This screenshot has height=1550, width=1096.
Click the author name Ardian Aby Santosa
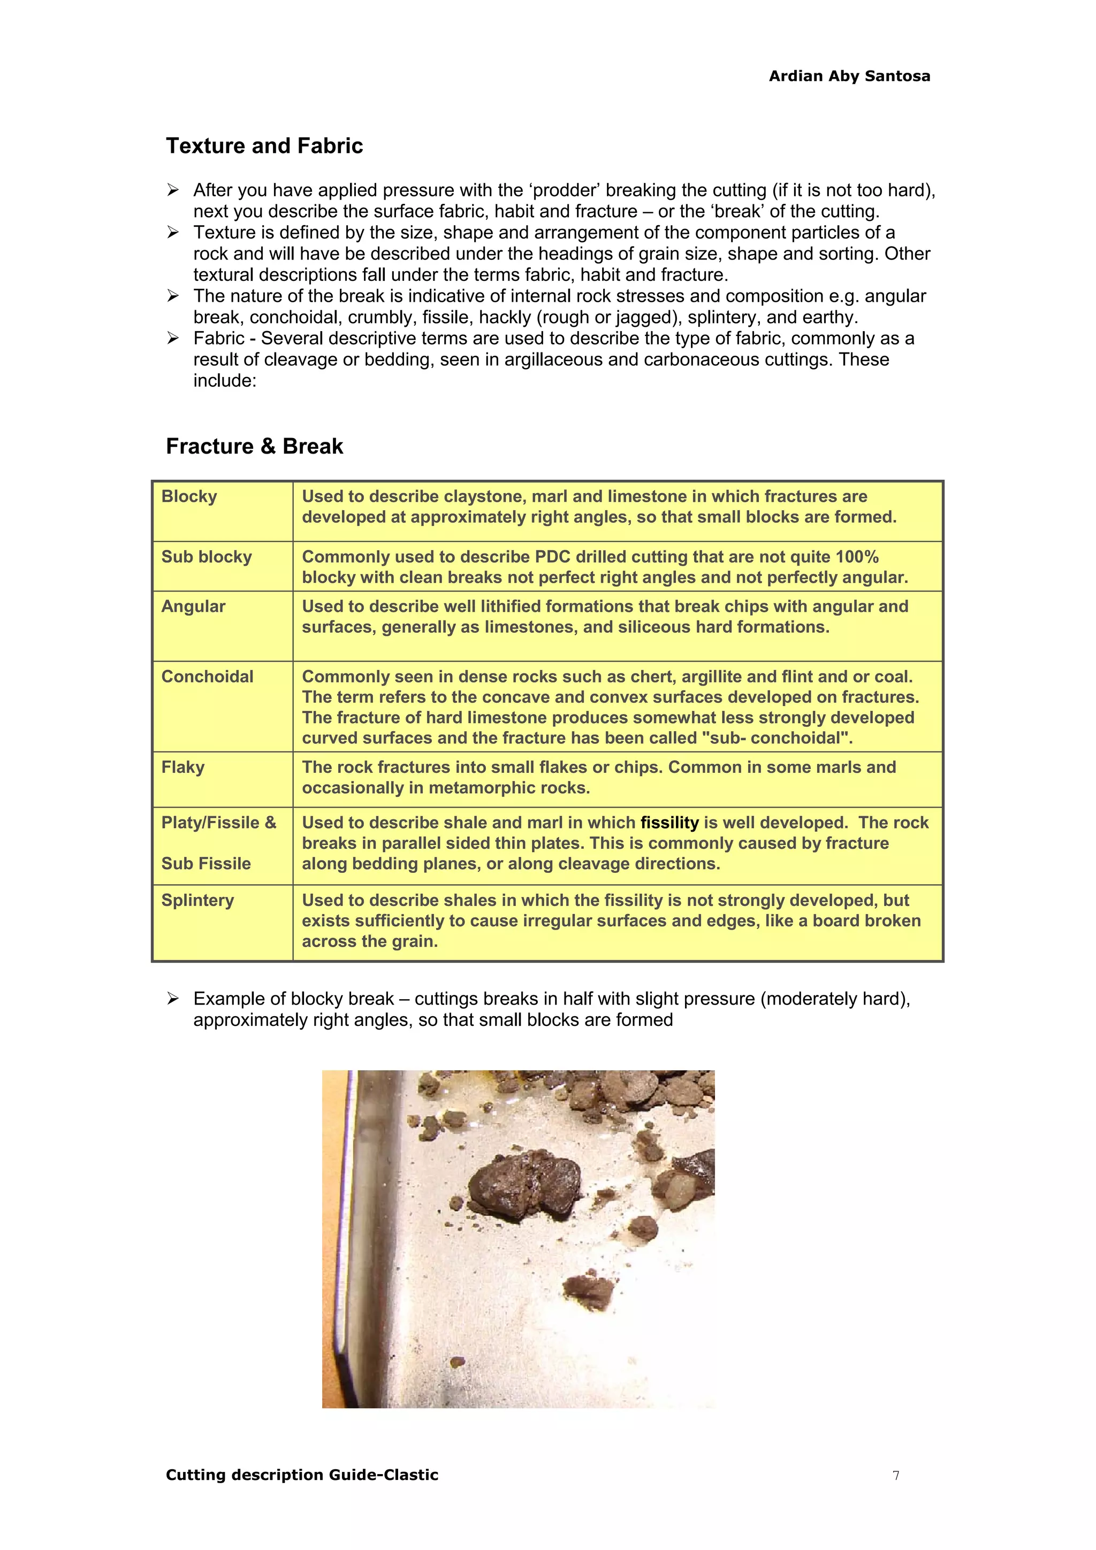(849, 76)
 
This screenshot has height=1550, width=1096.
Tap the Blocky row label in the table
(189, 497)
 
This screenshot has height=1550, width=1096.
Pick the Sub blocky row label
(206, 557)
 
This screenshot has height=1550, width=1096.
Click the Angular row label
(193, 606)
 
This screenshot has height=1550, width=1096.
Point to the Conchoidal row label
(207, 677)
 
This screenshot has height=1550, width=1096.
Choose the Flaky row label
(182, 767)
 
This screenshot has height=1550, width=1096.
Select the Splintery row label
(197, 900)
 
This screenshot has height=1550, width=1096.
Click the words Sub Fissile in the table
(206, 863)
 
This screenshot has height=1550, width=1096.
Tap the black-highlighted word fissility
(669, 823)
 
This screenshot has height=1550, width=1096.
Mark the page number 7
(895, 1475)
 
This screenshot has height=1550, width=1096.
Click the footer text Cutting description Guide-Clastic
(302, 1475)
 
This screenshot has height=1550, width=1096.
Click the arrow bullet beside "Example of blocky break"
(173, 999)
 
